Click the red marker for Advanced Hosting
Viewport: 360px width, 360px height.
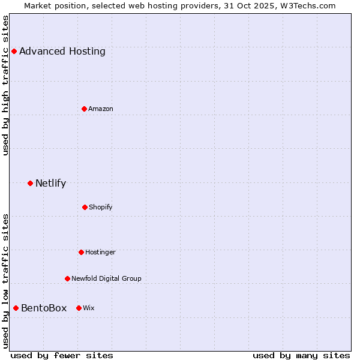coord(14,51)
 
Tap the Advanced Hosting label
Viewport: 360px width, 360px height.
coord(62,51)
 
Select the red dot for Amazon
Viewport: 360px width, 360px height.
coord(84,109)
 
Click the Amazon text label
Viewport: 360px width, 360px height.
coord(101,109)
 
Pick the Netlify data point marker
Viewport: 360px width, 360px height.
coord(30,183)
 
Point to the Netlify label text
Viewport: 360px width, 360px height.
coord(50,183)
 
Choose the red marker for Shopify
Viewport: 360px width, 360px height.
coord(85,207)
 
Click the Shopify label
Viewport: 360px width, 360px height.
coord(101,207)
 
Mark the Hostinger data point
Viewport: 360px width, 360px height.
coord(81,252)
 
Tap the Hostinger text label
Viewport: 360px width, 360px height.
coord(100,252)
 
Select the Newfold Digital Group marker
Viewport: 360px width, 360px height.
coord(67,278)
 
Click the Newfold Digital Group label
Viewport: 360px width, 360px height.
coord(106,278)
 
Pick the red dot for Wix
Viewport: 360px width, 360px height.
coord(79,308)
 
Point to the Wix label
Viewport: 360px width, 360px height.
coord(89,308)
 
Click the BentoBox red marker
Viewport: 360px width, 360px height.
coord(16,308)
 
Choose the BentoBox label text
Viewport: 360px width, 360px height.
coord(44,308)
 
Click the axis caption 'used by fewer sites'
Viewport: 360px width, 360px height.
coord(62,355)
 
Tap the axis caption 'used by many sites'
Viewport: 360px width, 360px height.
coord(301,355)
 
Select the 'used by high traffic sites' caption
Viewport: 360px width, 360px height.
coord(5,85)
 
